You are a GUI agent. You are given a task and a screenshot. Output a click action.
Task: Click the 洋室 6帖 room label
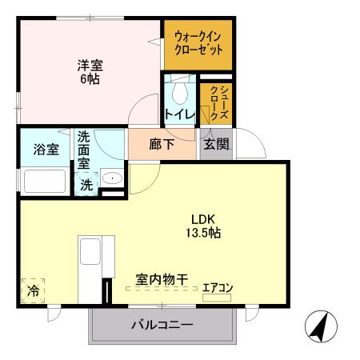[x=90, y=72]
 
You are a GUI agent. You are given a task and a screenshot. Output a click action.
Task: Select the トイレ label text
[x=178, y=114]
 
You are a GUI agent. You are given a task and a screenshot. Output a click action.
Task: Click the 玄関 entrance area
[x=215, y=145]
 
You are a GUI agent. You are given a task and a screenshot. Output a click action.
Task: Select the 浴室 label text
[x=45, y=150]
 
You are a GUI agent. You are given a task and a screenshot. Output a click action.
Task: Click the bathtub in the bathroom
[x=45, y=180]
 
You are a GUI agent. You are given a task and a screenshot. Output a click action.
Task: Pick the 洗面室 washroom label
[x=84, y=150]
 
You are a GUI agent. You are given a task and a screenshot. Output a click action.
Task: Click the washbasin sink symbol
[x=113, y=180]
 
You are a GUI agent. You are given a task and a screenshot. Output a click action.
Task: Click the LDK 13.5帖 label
[x=206, y=226]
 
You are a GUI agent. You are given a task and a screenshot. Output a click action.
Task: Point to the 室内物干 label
[x=162, y=280]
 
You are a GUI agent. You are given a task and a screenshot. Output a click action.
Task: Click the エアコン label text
[x=217, y=286]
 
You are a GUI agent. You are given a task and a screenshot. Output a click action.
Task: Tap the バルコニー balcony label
[x=161, y=326]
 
